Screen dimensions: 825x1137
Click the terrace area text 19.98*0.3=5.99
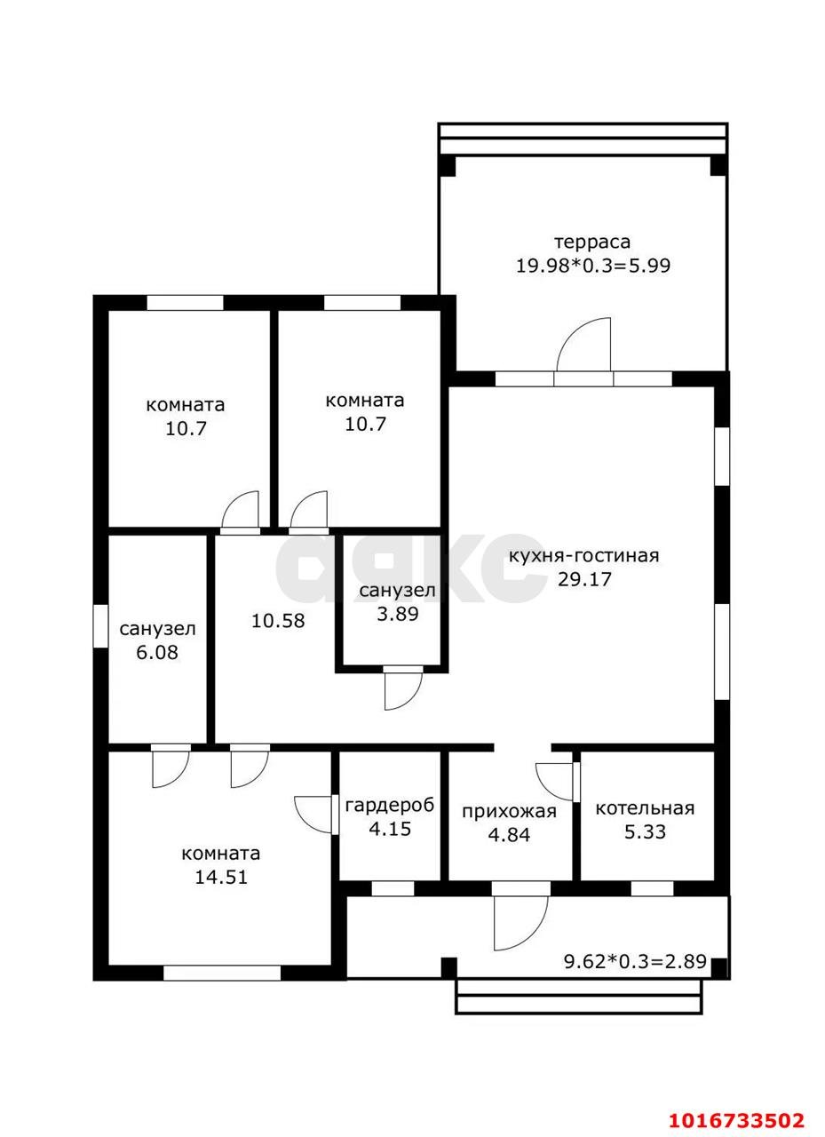[x=592, y=265]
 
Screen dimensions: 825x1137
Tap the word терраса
[x=592, y=243]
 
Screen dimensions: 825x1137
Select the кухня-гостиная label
[x=584, y=556]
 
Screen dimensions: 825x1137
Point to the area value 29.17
[x=584, y=579]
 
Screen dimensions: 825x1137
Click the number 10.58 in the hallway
[x=278, y=620]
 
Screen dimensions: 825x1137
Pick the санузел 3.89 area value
[x=397, y=614]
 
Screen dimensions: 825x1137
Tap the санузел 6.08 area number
[x=157, y=652]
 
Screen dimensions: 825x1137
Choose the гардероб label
[x=390, y=806]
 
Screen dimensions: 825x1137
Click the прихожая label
[x=510, y=813]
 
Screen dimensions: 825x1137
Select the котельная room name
[x=645, y=808]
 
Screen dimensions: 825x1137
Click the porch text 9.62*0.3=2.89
[x=635, y=961]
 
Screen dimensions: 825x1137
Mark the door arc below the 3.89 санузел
[x=406, y=696]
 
